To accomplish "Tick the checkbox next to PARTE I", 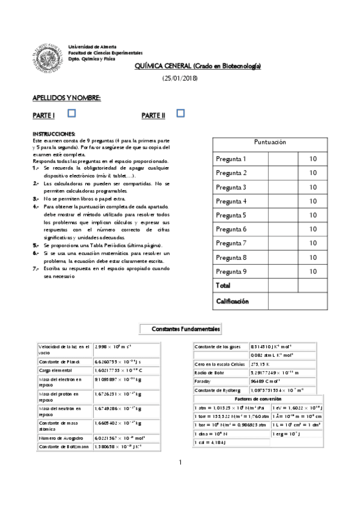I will coord(72,112).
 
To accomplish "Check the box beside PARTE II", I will coord(180,112).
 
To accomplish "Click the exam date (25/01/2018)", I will coord(180,79).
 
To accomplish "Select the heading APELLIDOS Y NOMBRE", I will coord(66,97).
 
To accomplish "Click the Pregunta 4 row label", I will coord(231,201).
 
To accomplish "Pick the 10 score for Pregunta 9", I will coord(313,271).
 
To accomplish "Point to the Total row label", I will coord(224,285).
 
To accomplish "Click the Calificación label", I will coord(233,301).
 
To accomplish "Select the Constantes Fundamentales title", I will coord(186,330).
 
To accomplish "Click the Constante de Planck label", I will coord(60,363).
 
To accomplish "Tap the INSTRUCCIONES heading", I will coord(54,133).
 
